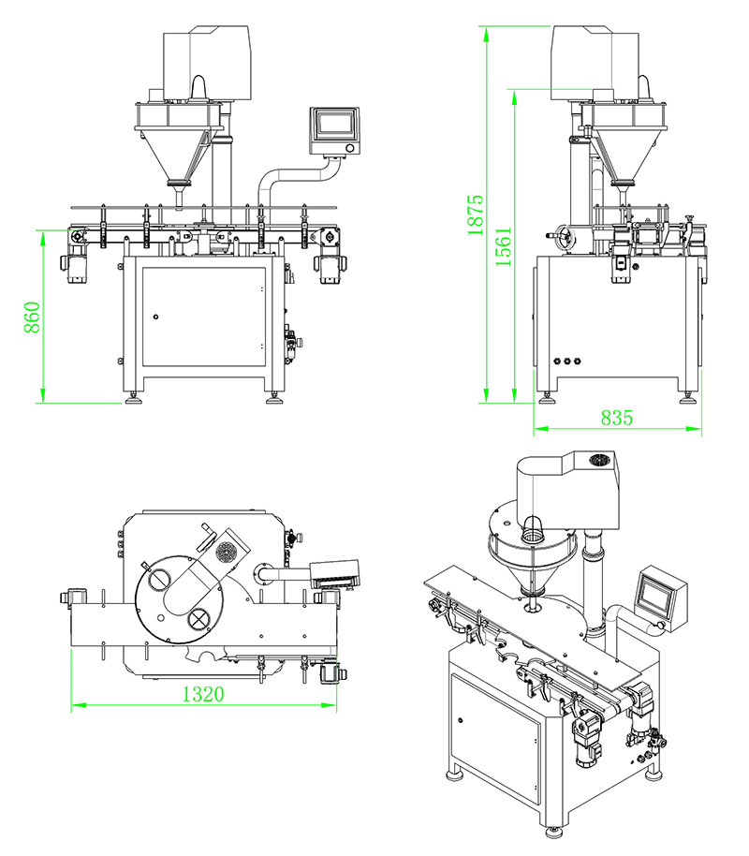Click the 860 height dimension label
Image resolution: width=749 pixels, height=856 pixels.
[x=32, y=318]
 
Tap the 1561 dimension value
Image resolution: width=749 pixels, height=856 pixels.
[x=503, y=247]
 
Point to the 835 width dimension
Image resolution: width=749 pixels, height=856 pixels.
[x=616, y=419]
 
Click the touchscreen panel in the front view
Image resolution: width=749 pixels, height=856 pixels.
[x=334, y=127]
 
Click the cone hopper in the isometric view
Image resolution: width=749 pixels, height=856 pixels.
[x=531, y=563]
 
